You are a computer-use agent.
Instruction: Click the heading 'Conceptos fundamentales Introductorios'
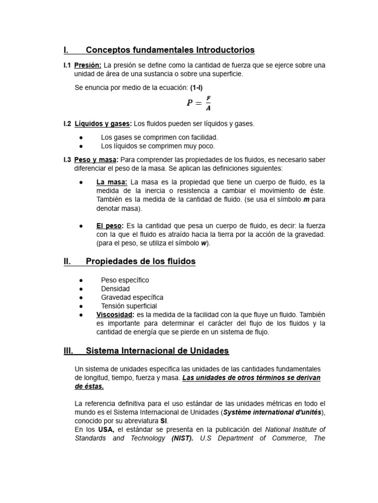coord(170,50)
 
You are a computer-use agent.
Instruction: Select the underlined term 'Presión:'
coord(88,65)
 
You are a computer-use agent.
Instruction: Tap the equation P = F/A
coord(199,103)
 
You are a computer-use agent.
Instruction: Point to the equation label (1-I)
coord(196,87)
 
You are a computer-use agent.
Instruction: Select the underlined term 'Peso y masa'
coord(95,160)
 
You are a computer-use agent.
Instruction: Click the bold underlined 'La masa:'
coord(112,182)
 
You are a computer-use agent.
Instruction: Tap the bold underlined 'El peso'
coord(109,226)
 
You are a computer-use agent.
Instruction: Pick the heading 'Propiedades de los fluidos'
coord(140,262)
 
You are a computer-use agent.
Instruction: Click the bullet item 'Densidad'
coord(115,289)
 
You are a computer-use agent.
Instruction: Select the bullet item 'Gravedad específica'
coord(132,297)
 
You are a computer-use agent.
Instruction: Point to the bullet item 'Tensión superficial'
coord(129,306)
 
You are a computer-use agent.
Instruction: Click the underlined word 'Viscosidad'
coord(114,314)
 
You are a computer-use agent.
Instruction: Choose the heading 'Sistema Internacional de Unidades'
coord(157,351)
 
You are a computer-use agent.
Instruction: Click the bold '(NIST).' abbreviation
coord(183,438)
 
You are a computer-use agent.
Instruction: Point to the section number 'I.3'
coord(67,160)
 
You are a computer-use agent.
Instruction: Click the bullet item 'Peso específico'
coord(125,280)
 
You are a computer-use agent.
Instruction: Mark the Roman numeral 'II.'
coord(67,262)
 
